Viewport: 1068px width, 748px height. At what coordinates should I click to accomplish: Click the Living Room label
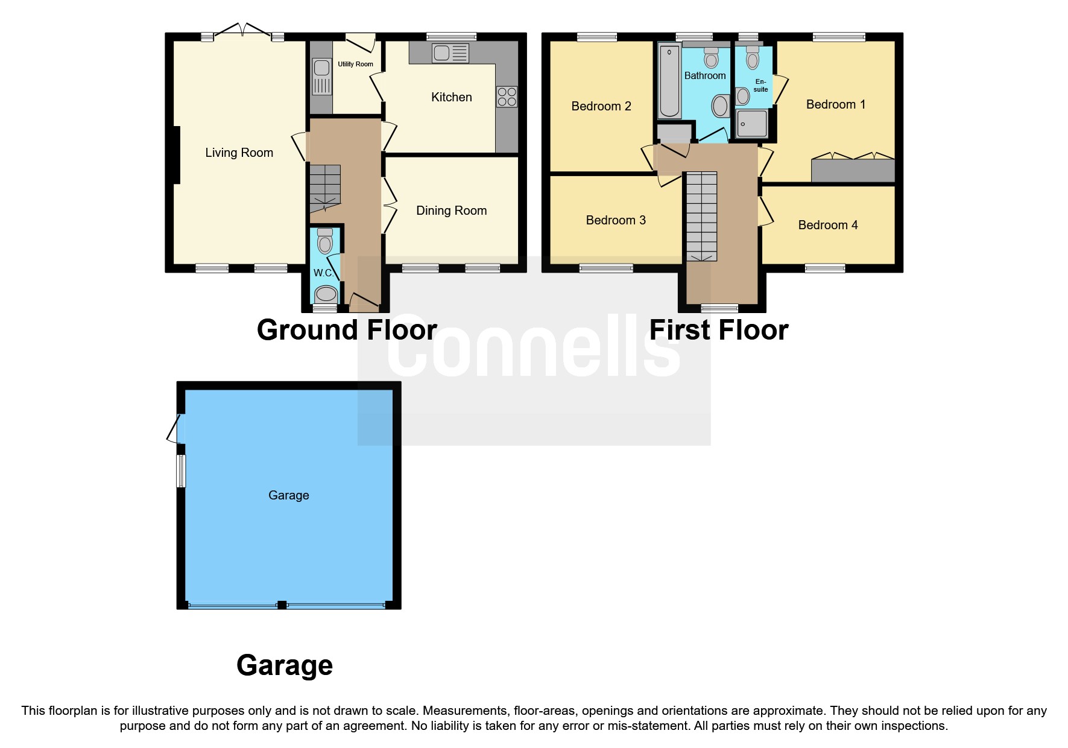click(239, 153)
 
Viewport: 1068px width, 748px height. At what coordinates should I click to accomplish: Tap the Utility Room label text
click(355, 64)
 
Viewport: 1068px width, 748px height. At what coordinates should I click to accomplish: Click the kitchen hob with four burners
click(507, 97)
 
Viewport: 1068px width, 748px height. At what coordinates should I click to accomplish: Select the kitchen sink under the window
click(450, 53)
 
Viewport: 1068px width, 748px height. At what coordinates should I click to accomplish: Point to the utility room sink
click(321, 76)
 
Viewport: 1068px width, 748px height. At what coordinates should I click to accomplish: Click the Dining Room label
click(451, 211)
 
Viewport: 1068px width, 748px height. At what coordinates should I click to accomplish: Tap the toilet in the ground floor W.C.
click(325, 241)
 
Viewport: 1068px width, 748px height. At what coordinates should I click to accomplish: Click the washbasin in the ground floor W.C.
click(326, 294)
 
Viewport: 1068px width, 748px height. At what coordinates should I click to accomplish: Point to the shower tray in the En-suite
click(751, 124)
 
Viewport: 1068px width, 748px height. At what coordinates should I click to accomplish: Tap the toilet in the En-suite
click(752, 58)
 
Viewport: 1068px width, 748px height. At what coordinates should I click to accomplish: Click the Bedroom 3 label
click(616, 220)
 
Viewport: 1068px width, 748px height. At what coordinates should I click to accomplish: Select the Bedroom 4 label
click(827, 225)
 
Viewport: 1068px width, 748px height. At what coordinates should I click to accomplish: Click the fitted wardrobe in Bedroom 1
click(853, 170)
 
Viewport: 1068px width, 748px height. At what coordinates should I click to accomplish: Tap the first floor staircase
click(702, 216)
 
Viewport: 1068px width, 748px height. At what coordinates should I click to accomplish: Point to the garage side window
click(180, 471)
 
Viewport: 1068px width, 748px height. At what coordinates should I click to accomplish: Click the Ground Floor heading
click(347, 330)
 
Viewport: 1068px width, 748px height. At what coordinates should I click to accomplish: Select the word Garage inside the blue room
click(288, 495)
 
